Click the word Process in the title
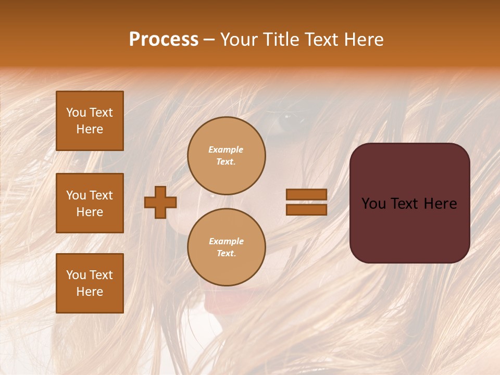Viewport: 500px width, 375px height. [164, 40]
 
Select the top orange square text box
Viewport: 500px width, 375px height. [90, 121]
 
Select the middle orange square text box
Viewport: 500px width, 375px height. [90, 203]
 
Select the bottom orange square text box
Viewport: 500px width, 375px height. [90, 283]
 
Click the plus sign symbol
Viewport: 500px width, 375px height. [160, 202]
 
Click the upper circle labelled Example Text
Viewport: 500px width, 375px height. [226, 155]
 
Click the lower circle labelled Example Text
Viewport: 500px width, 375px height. [226, 247]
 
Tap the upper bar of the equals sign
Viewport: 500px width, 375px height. [306, 194]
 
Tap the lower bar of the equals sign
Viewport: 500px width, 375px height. [306, 209]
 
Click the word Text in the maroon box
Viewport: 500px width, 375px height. [409, 204]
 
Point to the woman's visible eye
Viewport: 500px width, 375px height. [288, 122]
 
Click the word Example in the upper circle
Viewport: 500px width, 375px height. [226, 149]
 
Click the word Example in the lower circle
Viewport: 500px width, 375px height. [226, 241]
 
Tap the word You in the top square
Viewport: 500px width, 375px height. [76, 113]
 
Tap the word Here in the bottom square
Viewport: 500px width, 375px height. [90, 292]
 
